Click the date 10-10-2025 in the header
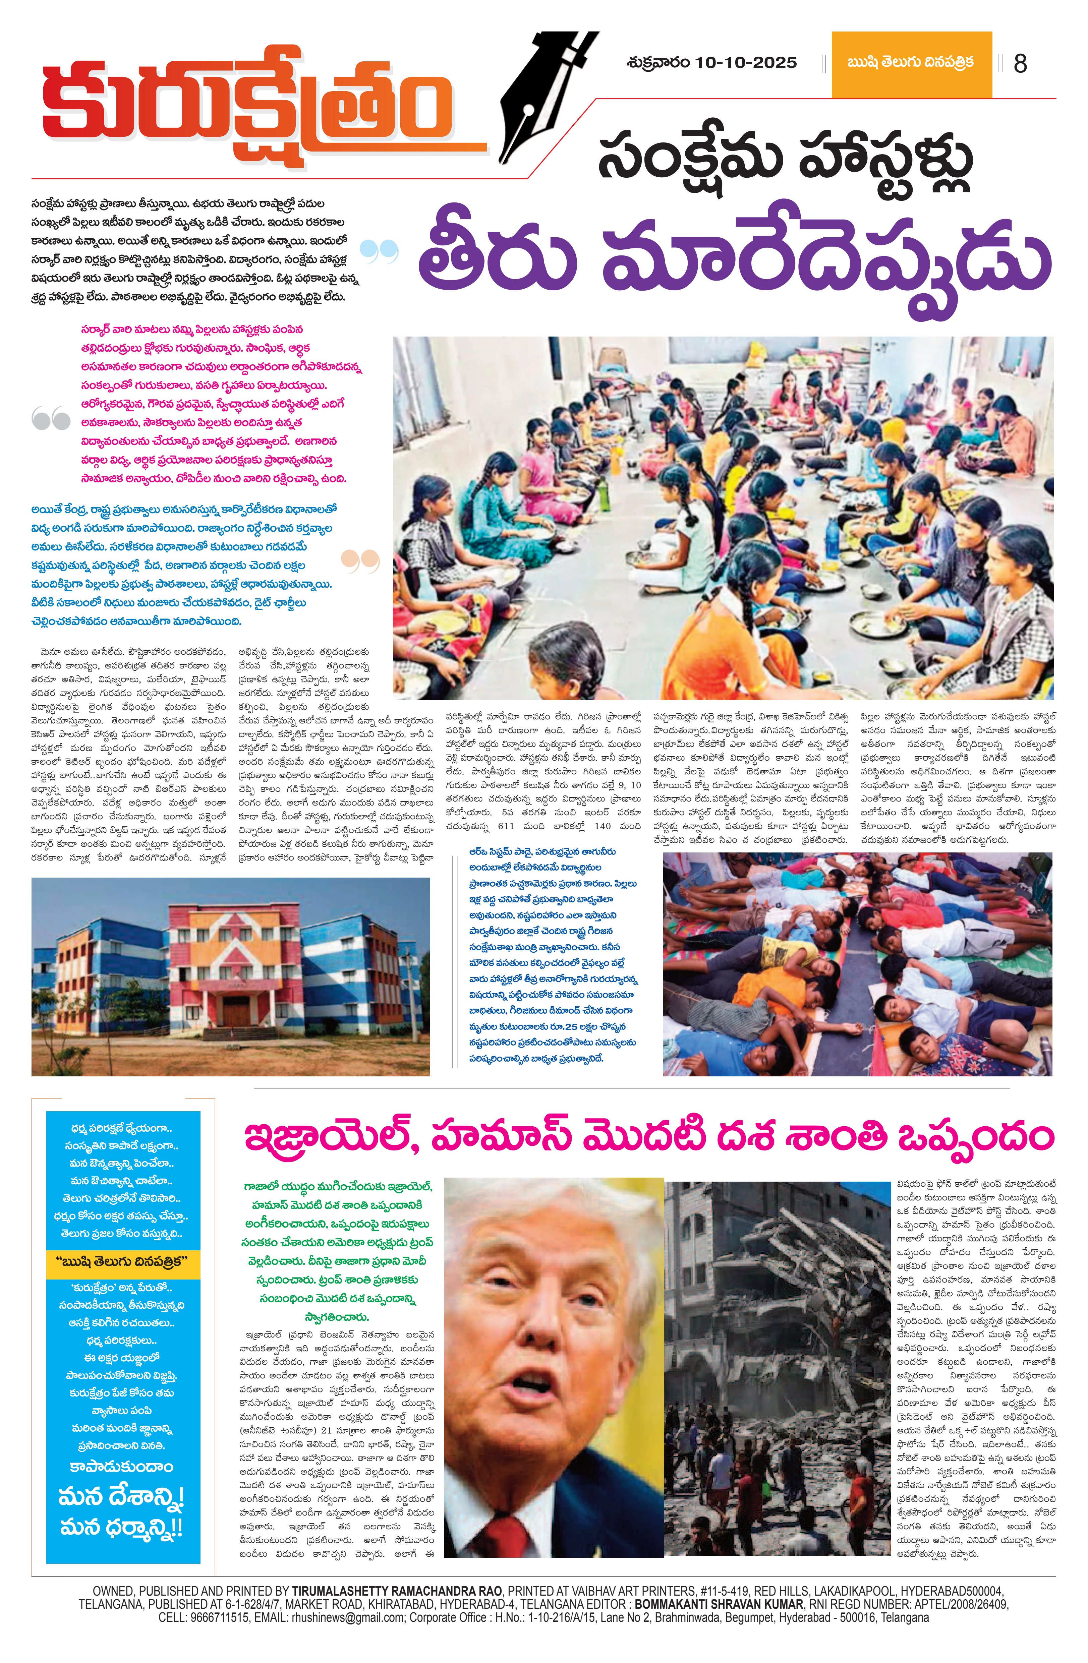(746, 63)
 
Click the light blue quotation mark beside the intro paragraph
(381, 252)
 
